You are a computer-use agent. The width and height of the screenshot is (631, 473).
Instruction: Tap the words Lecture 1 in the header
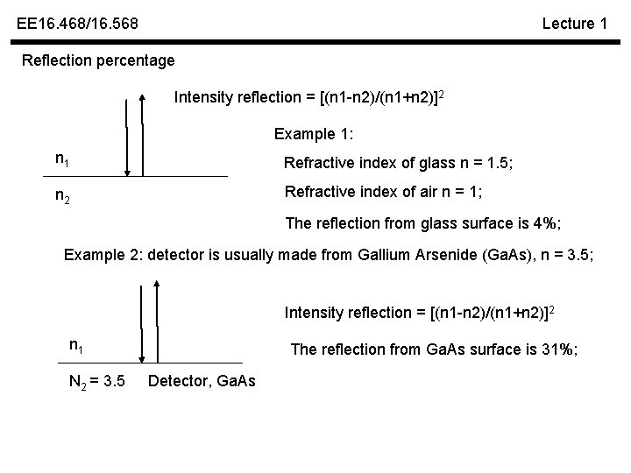pos(574,24)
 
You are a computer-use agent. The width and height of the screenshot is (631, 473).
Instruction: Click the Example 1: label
pos(311,134)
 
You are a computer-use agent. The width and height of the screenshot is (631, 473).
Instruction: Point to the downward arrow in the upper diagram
pos(128,138)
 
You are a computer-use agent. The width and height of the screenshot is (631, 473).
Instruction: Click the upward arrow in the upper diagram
pos(145,138)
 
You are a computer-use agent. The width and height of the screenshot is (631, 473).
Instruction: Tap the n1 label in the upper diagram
pos(62,159)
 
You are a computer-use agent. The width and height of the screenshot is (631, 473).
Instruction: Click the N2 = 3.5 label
pos(96,381)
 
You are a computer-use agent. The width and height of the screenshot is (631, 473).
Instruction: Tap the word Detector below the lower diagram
pos(178,381)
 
